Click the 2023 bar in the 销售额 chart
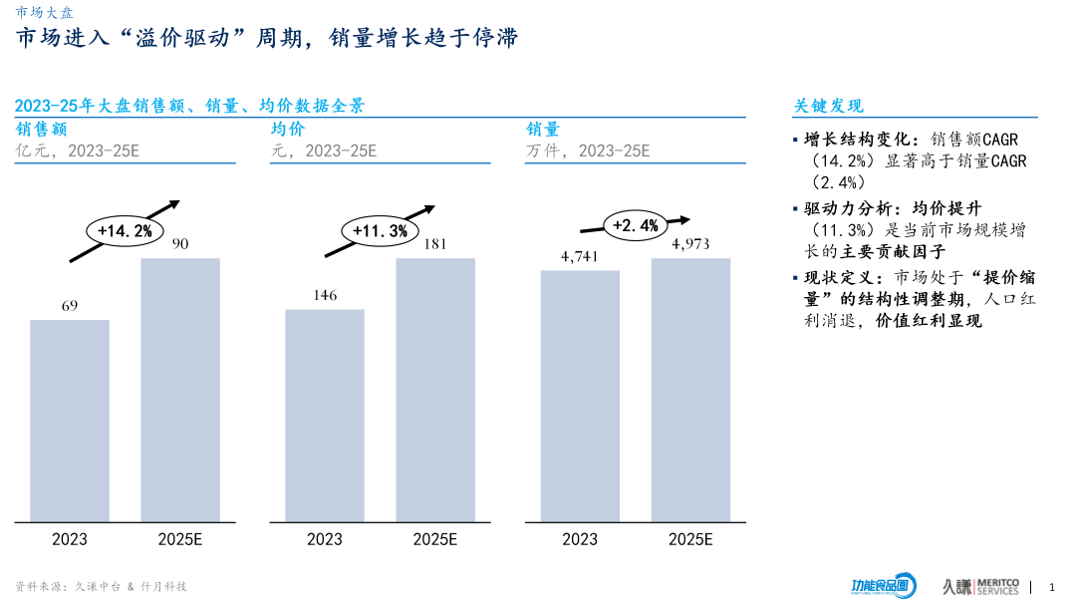[x=70, y=421]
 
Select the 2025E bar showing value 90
[x=180, y=390]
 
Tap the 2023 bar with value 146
[x=325, y=416]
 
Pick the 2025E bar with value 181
[x=435, y=390]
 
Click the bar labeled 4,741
[x=580, y=396]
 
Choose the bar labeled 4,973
[x=690, y=390]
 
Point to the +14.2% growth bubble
[x=125, y=231]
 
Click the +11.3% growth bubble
[x=380, y=231]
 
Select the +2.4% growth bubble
[x=636, y=225]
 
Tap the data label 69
[x=70, y=306]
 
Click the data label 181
[x=435, y=244]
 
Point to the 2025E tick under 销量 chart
[x=690, y=539]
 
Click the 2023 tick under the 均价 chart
[x=325, y=539]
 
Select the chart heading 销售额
[x=42, y=130]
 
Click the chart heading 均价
[x=288, y=130]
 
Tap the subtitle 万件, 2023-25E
[x=588, y=151]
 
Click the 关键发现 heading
[x=828, y=106]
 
